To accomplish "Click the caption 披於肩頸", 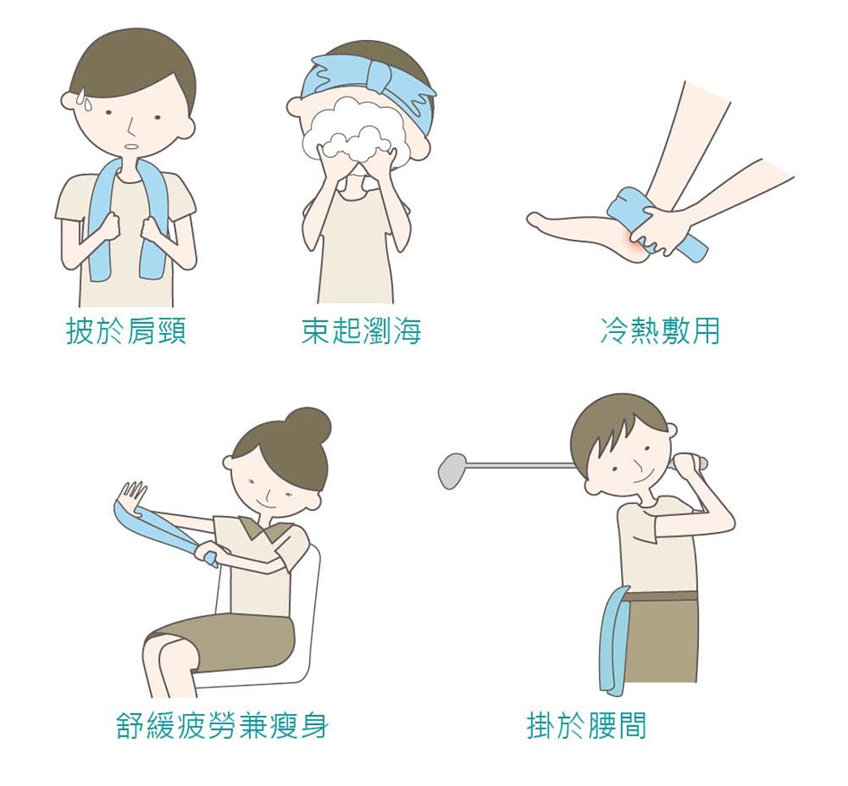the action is coord(127,331).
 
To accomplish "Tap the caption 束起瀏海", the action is coord(361,331).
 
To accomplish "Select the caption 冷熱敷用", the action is coord(660,331).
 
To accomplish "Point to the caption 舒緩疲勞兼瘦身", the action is coord(222,725).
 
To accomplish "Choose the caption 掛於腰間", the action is coord(587,725).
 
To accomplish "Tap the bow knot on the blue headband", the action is coord(382,78).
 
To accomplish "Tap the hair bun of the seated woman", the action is coord(311,424).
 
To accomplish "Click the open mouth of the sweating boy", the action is coord(131,146).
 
